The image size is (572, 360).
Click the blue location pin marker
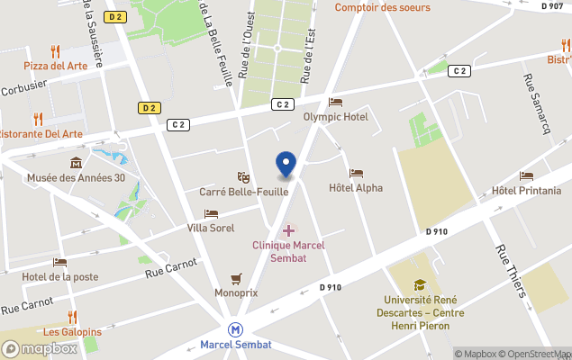click(x=286, y=165)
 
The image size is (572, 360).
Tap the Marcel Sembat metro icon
click(x=236, y=329)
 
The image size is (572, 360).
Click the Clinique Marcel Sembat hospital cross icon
click(x=288, y=231)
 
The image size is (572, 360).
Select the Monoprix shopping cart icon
click(x=236, y=278)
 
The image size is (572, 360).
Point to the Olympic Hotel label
click(x=335, y=117)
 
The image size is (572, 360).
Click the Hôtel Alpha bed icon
click(x=356, y=174)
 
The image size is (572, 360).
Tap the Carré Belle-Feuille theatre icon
click(x=242, y=177)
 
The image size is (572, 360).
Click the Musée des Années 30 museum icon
click(x=76, y=163)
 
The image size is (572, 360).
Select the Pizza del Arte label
click(x=57, y=66)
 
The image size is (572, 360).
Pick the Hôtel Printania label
click(x=526, y=191)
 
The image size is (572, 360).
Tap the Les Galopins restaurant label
click(x=72, y=331)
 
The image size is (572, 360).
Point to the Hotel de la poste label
click(x=60, y=276)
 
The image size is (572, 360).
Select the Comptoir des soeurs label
click(x=382, y=7)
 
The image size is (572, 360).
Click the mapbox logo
click(x=40, y=348)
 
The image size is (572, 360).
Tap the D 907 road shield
click(x=553, y=5)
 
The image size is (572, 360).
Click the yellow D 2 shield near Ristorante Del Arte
click(x=150, y=108)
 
